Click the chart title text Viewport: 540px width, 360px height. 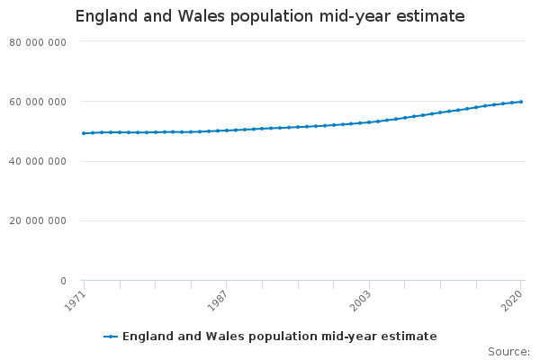(x=270, y=16)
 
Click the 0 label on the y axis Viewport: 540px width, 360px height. (x=62, y=281)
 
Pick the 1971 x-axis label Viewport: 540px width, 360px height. (x=78, y=299)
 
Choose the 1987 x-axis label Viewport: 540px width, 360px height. (x=219, y=299)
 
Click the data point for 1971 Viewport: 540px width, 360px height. (x=84, y=133)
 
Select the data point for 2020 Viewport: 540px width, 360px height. (x=521, y=102)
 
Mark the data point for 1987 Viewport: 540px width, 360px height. (x=227, y=130)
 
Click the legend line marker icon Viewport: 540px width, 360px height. (x=111, y=337)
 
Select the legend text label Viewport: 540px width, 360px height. (x=279, y=337)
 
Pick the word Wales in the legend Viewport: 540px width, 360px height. (x=212, y=337)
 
